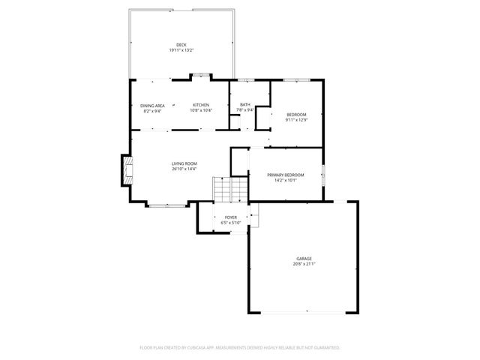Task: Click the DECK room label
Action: pos(181,45)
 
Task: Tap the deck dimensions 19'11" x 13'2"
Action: pos(181,50)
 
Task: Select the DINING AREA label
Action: pos(152,106)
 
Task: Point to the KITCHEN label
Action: pos(200,105)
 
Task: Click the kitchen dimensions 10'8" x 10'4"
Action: pos(200,110)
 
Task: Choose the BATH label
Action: pos(245,105)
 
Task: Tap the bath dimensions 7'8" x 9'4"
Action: pos(245,110)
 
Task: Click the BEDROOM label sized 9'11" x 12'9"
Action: pos(296,115)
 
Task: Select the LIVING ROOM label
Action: pos(184,163)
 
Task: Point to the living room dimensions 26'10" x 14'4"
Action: pos(184,169)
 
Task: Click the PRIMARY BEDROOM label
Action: pos(286,175)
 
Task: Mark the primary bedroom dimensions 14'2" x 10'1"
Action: pos(286,180)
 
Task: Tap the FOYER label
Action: pos(230,217)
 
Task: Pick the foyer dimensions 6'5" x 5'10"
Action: pos(230,222)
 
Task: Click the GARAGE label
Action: pos(304,259)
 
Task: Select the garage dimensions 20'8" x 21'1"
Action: pos(304,264)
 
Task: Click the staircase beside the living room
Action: pos(230,188)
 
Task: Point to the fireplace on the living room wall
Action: pos(126,171)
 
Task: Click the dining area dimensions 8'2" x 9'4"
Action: pos(152,111)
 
